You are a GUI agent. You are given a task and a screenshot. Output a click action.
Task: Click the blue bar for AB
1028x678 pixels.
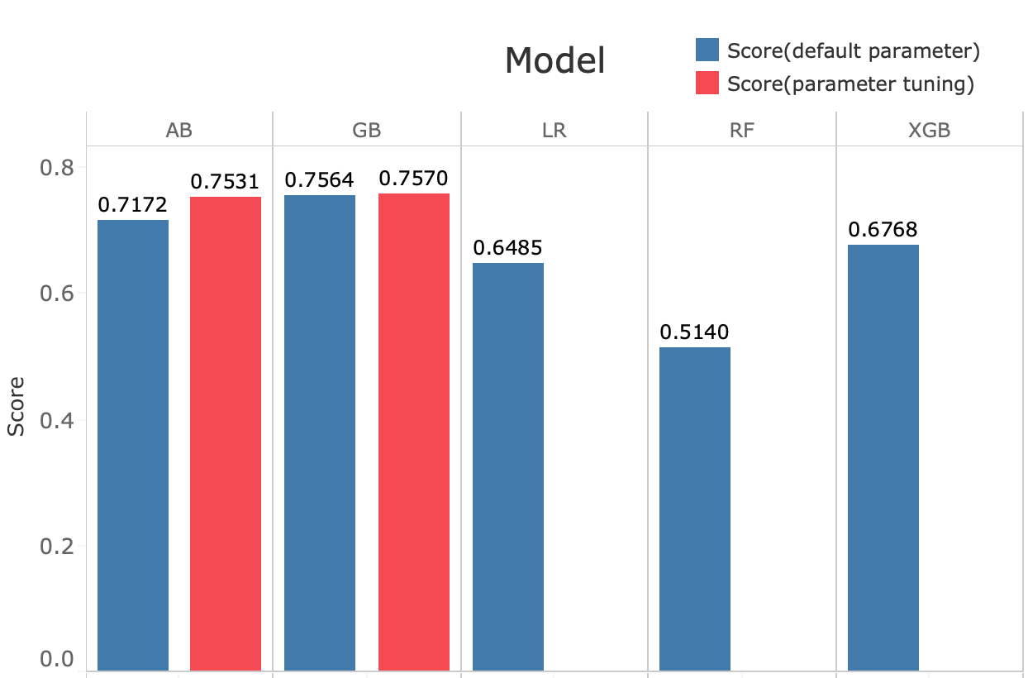pyautogui.click(x=133, y=446)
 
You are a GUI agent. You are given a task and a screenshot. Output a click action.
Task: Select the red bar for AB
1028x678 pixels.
pyautogui.click(x=226, y=434)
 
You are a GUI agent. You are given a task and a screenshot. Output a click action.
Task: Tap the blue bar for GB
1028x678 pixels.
pyautogui.click(x=320, y=433)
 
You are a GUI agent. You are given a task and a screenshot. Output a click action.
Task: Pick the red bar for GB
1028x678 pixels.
pyautogui.click(x=414, y=432)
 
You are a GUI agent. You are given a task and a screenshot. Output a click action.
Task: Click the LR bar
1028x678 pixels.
pyautogui.click(x=508, y=467)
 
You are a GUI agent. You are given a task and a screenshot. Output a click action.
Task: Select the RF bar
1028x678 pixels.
pyautogui.click(x=695, y=509)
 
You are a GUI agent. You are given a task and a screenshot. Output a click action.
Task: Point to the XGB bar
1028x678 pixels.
pyautogui.click(x=883, y=458)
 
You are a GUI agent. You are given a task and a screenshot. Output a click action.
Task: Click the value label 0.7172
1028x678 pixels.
pyautogui.click(x=132, y=205)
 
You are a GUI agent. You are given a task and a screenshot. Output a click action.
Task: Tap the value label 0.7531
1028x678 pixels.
pyautogui.click(x=225, y=182)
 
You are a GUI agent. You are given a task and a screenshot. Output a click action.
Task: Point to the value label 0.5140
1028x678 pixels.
pyautogui.click(x=694, y=332)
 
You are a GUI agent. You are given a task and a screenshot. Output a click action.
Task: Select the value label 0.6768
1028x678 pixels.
pyautogui.click(x=883, y=230)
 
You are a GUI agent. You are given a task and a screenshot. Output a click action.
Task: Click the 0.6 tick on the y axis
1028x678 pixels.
pyautogui.click(x=57, y=294)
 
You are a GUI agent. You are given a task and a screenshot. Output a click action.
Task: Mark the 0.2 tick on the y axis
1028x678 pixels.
pyautogui.click(x=57, y=547)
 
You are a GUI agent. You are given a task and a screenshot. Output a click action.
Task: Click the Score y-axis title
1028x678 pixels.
pyautogui.click(x=16, y=407)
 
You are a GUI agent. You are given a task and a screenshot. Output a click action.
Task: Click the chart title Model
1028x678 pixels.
pyautogui.click(x=554, y=60)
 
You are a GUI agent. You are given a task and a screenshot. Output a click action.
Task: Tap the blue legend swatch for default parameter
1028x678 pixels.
pyautogui.click(x=707, y=50)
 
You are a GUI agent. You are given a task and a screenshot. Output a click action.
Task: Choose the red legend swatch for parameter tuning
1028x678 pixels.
pyautogui.click(x=707, y=83)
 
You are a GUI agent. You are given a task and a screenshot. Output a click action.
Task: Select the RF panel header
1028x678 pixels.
pyautogui.click(x=741, y=131)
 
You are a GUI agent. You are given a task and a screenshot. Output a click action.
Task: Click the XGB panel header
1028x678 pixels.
pyautogui.click(x=930, y=131)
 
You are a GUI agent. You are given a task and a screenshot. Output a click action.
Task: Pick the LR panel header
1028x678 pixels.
pyautogui.click(x=554, y=131)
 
